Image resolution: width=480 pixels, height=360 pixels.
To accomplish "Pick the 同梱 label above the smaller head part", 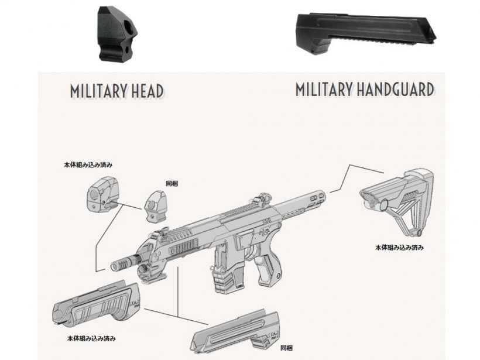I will tap(171, 183).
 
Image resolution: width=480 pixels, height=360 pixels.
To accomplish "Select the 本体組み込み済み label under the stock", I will tap(399, 248).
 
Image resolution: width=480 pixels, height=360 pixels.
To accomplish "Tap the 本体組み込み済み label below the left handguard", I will tap(91, 338).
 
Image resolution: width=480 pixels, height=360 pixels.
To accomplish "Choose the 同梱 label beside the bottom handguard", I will tap(286, 348).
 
